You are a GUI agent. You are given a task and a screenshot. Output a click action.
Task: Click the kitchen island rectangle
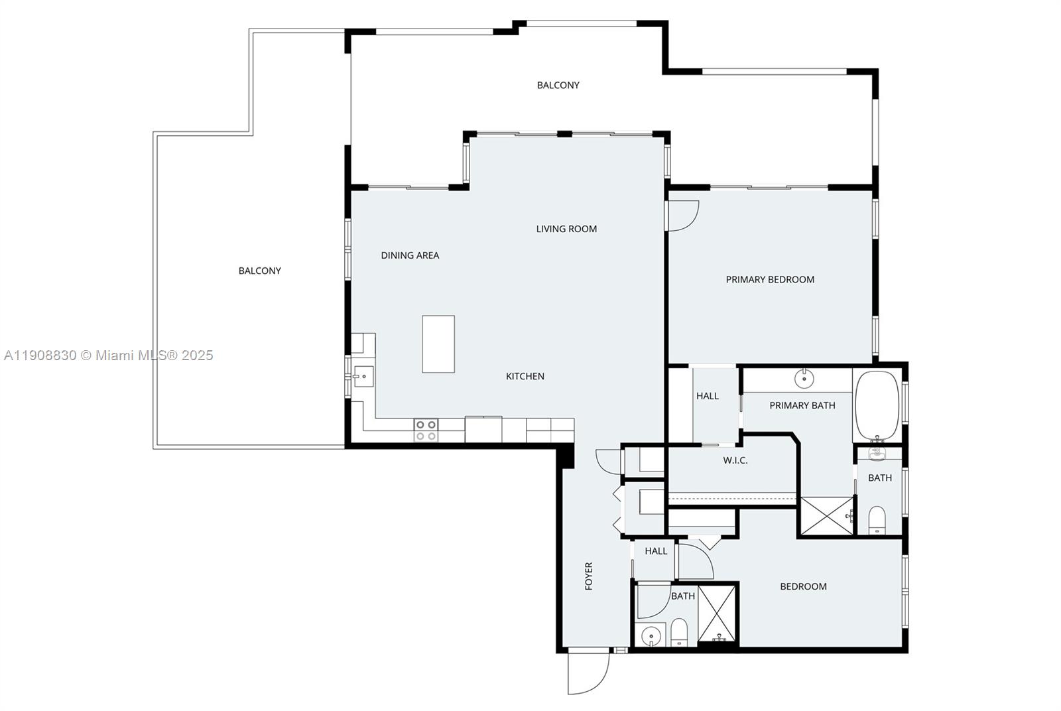[438, 344]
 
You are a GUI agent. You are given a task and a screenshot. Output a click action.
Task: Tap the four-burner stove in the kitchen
[426, 430]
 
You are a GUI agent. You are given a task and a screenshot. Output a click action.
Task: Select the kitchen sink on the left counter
[362, 377]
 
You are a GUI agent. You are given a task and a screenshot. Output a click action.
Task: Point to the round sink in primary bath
[804, 379]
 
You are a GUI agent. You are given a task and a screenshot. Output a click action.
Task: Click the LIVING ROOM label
[566, 229]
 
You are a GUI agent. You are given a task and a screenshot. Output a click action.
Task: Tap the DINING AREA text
[410, 255]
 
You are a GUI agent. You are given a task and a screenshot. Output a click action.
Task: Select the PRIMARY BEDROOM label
[770, 279]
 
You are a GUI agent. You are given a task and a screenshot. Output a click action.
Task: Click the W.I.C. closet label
[735, 460]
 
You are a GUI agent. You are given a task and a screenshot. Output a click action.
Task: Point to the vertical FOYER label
[588, 576]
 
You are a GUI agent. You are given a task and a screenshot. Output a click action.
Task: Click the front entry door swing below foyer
[588, 673]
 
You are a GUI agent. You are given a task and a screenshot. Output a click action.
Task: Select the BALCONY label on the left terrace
[260, 271]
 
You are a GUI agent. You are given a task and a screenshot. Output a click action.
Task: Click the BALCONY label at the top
[558, 85]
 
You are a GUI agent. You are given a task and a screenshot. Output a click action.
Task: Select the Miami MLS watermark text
[108, 355]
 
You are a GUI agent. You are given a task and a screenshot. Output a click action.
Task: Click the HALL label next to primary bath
[708, 396]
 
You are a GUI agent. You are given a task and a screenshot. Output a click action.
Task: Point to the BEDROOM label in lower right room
[803, 586]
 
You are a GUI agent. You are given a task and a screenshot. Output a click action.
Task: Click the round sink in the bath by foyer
[652, 635]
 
